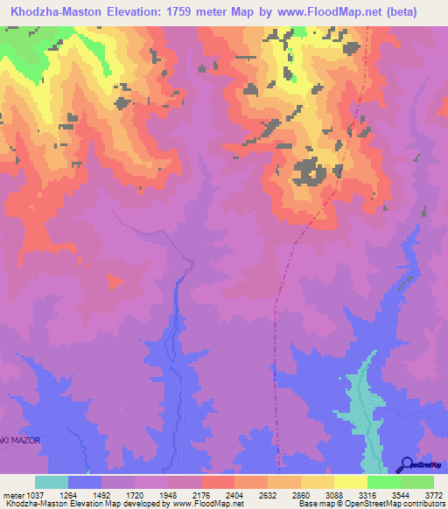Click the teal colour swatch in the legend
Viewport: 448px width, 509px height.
[x=52, y=482]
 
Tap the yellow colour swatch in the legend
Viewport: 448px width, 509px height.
[x=351, y=482]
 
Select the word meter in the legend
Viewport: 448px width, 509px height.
[x=13, y=494]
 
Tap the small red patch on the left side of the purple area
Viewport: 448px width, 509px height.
[x=115, y=281]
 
